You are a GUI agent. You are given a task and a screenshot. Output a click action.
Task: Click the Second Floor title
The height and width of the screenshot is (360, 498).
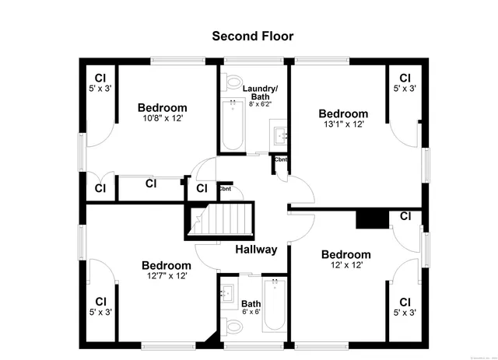pyautogui.click(x=253, y=36)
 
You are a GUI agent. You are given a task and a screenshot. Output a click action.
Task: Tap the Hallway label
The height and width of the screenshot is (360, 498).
pyautogui.click(x=256, y=250)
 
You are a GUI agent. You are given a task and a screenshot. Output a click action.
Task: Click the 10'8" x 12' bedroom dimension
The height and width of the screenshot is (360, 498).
pyautogui.click(x=162, y=119)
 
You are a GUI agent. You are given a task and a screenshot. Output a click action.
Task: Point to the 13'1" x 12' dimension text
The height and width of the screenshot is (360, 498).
pyautogui.click(x=342, y=124)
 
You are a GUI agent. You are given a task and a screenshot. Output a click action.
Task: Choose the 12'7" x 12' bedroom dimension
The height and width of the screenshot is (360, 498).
pyautogui.click(x=166, y=275)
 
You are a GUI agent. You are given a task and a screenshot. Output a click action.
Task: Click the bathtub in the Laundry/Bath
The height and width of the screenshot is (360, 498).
pyautogui.click(x=232, y=124)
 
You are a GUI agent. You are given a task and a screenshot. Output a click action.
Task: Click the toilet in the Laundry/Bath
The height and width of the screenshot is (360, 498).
pyautogui.click(x=233, y=82)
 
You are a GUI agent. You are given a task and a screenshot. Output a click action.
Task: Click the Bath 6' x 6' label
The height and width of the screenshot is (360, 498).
pyautogui.click(x=251, y=309)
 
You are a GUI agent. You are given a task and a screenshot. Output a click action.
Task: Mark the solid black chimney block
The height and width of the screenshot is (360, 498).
pyautogui.click(x=370, y=218)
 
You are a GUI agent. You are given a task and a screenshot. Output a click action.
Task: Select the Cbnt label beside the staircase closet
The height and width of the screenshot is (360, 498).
pyautogui.click(x=224, y=189)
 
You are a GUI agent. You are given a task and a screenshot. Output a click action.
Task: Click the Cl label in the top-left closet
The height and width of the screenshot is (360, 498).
pyautogui.click(x=100, y=78)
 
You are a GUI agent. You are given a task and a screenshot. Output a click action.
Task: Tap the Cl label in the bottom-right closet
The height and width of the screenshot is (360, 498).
pyautogui.click(x=405, y=302)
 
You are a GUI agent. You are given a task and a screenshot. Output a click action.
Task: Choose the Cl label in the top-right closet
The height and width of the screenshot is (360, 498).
pyautogui.click(x=405, y=78)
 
